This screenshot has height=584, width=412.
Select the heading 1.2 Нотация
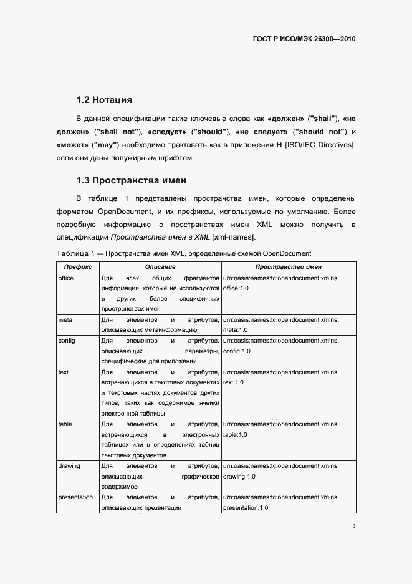tap(103, 100)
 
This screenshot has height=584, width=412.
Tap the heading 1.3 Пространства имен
tap(131, 181)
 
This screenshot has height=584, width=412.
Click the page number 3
tap(354, 527)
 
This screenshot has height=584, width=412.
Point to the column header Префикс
tap(77, 266)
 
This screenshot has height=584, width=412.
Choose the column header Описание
tap(160, 266)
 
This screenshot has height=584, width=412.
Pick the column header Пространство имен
tap(288, 266)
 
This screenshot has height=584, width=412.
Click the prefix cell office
tap(65, 278)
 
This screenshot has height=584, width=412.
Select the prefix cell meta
tap(65, 320)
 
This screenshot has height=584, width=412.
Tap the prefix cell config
tap(67, 341)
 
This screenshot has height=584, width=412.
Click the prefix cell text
tap(63, 372)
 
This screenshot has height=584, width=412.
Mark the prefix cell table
tap(65, 424)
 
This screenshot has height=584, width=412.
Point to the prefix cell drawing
tap(69, 466)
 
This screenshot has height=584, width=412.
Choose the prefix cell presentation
tap(75, 497)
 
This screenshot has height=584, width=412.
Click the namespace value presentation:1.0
tap(246, 508)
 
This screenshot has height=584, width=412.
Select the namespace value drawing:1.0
tap(239, 477)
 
